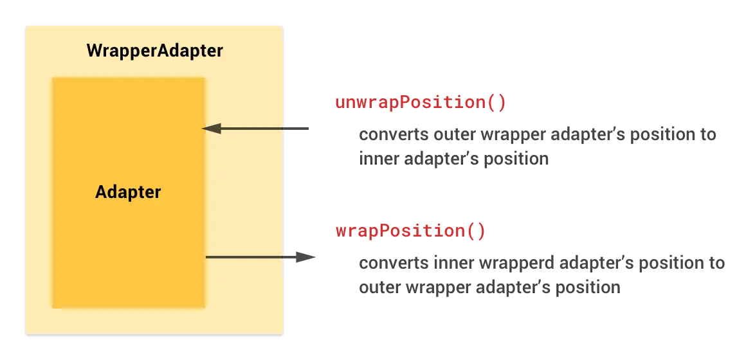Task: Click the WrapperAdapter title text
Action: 154,51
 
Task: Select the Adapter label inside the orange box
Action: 128,192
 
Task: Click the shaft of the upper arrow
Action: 251,129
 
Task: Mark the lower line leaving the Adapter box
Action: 244,257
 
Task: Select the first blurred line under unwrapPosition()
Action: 537,136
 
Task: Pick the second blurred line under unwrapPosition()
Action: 452,158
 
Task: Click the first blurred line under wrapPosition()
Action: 540,264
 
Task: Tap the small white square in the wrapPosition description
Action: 635,269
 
